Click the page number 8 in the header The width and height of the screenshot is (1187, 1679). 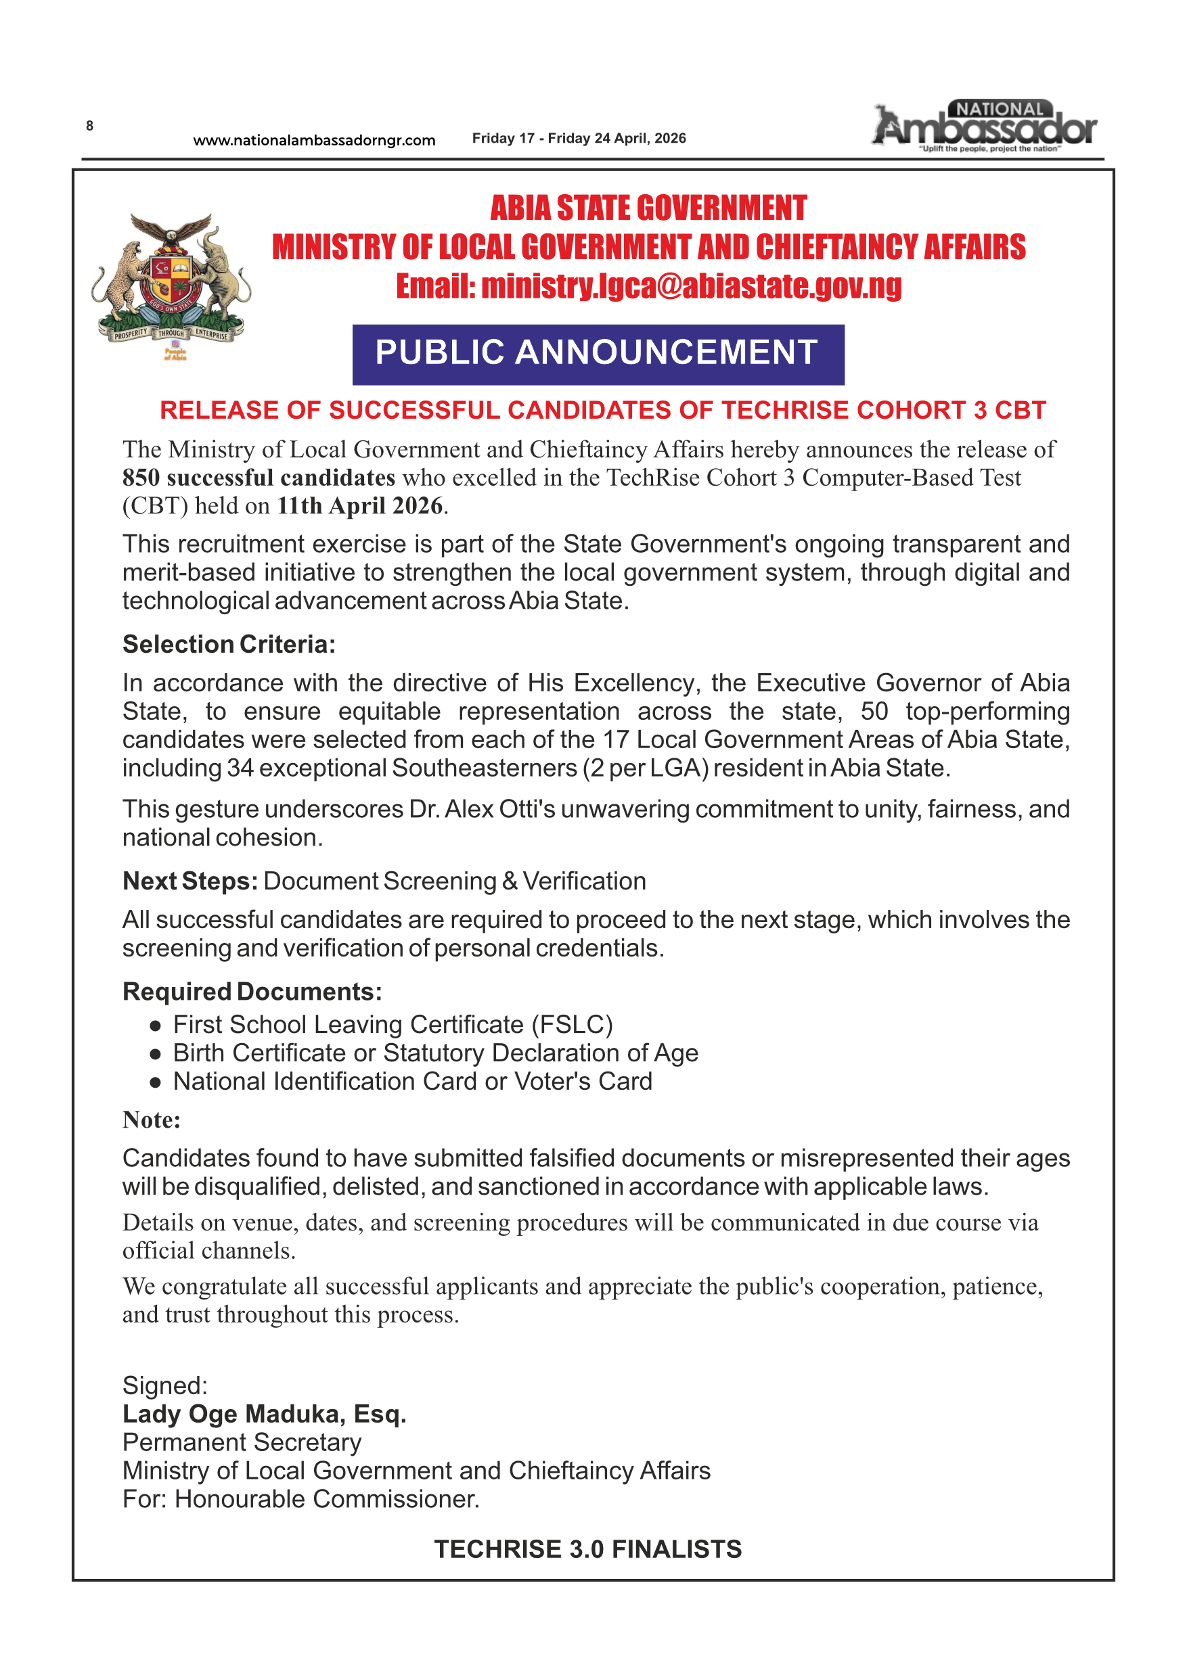(x=89, y=126)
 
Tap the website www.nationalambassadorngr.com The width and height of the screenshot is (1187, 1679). (x=314, y=141)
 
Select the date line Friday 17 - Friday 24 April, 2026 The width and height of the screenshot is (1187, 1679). (x=579, y=138)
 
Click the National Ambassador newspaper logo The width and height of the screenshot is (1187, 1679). (x=985, y=126)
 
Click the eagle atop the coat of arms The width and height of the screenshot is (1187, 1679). (x=172, y=233)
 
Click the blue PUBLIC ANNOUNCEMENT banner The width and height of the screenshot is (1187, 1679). (x=598, y=354)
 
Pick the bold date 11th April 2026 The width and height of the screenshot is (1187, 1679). (x=360, y=506)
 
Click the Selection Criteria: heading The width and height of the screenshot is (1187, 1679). (x=229, y=644)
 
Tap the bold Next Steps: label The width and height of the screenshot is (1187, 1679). (x=190, y=881)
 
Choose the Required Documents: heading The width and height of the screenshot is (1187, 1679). (x=252, y=992)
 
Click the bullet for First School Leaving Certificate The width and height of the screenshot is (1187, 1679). (x=155, y=1026)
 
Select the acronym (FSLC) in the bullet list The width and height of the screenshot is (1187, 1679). (x=572, y=1024)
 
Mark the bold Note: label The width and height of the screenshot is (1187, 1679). (x=152, y=1120)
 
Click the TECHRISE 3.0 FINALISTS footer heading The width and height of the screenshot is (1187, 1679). (x=588, y=1549)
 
